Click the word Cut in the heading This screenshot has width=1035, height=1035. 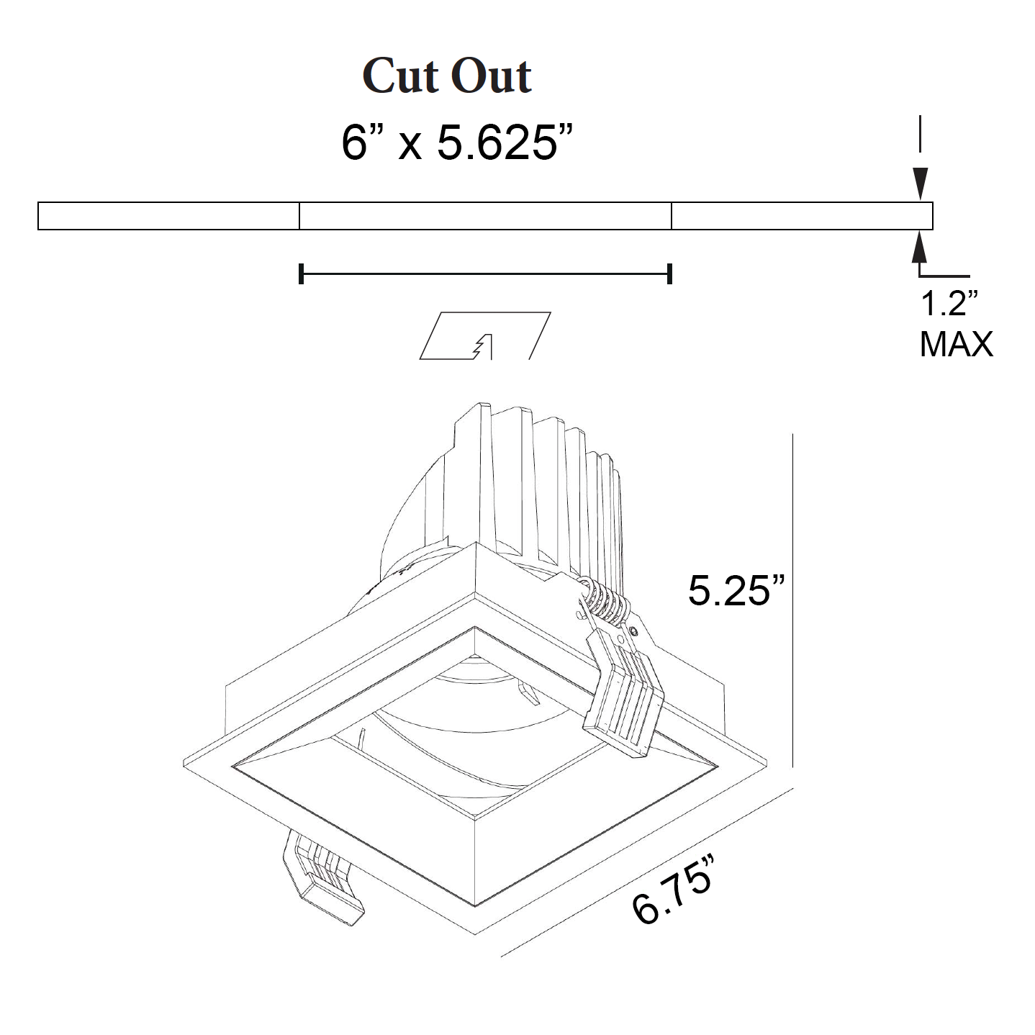pyautogui.click(x=402, y=76)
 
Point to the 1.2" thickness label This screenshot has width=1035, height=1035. pyautogui.click(x=949, y=304)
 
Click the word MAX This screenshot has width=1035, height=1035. pyautogui.click(x=956, y=344)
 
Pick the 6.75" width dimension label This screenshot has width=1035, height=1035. pyautogui.click(x=674, y=889)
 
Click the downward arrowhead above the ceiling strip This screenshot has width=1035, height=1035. pyautogui.click(x=920, y=184)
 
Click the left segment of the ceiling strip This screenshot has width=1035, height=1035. pyautogui.click(x=168, y=216)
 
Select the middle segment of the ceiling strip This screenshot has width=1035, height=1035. pyautogui.click(x=485, y=216)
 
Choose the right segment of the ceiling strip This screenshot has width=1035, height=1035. pyautogui.click(x=802, y=216)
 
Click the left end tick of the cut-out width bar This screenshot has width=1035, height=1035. pyautogui.click(x=301, y=274)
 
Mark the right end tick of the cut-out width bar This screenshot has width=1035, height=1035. pyautogui.click(x=670, y=274)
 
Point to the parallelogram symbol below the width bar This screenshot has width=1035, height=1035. pyautogui.click(x=485, y=335)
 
